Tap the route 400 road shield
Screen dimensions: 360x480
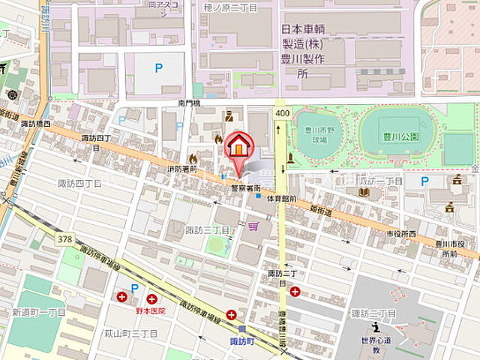pos(281,112)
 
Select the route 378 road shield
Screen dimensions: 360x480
pos(64,238)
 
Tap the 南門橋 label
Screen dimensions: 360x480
pos(190,103)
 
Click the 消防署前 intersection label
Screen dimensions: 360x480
pos(183,169)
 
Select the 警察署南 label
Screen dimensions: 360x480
pos(245,187)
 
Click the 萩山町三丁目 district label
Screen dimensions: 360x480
pos(131,333)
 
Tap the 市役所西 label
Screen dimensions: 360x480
pos(401,234)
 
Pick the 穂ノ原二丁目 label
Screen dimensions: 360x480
pos(230,7)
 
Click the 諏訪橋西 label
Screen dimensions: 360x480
pos(36,124)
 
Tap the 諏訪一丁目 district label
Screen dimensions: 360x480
pos(379,181)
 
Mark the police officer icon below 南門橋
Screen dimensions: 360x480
pos(229,116)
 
